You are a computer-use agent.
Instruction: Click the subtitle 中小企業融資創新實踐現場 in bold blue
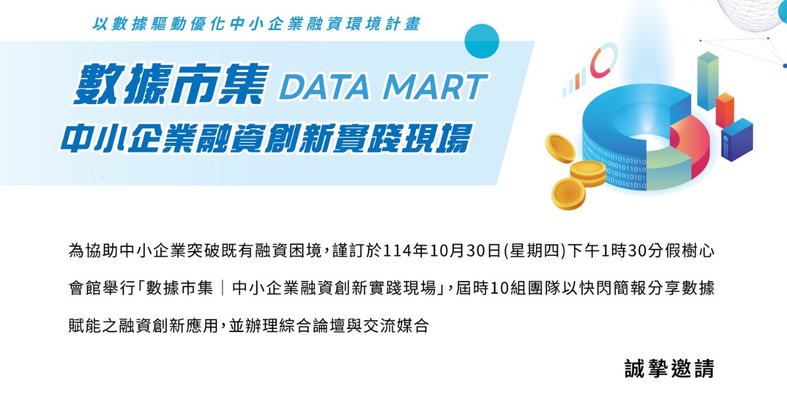click(266, 136)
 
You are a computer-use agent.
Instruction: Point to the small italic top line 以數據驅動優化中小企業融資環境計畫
click(256, 24)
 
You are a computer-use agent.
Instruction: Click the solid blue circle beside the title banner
click(482, 41)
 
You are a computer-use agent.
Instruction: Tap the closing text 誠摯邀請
click(669, 368)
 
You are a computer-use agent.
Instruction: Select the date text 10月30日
click(468, 251)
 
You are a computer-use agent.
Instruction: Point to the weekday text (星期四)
click(535, 251)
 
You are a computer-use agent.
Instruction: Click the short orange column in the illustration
click(725, 109)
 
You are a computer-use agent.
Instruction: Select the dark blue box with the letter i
click(737, 138)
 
